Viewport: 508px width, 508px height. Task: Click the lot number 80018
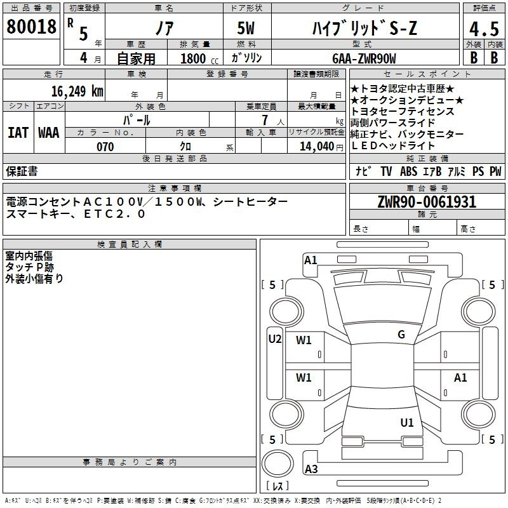coord(31,26)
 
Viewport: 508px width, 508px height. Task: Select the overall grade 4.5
coord(484,29)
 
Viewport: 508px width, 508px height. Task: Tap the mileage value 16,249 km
coord(77,91)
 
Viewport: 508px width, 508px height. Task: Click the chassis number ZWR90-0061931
coord(427,201)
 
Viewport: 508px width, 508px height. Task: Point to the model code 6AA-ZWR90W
coord(364,58)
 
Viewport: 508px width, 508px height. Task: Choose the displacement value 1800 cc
coord(199,58)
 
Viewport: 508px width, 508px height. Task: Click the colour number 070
coord(105,147)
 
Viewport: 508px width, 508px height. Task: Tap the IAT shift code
coord(18,133)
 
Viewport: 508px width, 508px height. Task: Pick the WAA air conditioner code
coord(49,133)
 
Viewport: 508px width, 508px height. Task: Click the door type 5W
coord(246,28)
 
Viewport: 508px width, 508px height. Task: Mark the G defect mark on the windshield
coord(401,335)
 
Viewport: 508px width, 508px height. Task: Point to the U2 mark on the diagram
coord(275,339)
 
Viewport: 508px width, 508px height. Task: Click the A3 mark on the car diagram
coord(311,469)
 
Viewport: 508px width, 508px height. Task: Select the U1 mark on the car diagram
coord(407,423)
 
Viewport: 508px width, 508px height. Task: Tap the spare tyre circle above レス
coord(277,464)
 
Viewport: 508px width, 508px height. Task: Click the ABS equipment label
coord(408,171)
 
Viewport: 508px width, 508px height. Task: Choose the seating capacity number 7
coord(265,120)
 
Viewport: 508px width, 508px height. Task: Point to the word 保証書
coord(22,171)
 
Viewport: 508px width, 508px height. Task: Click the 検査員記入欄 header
coord(130,244)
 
